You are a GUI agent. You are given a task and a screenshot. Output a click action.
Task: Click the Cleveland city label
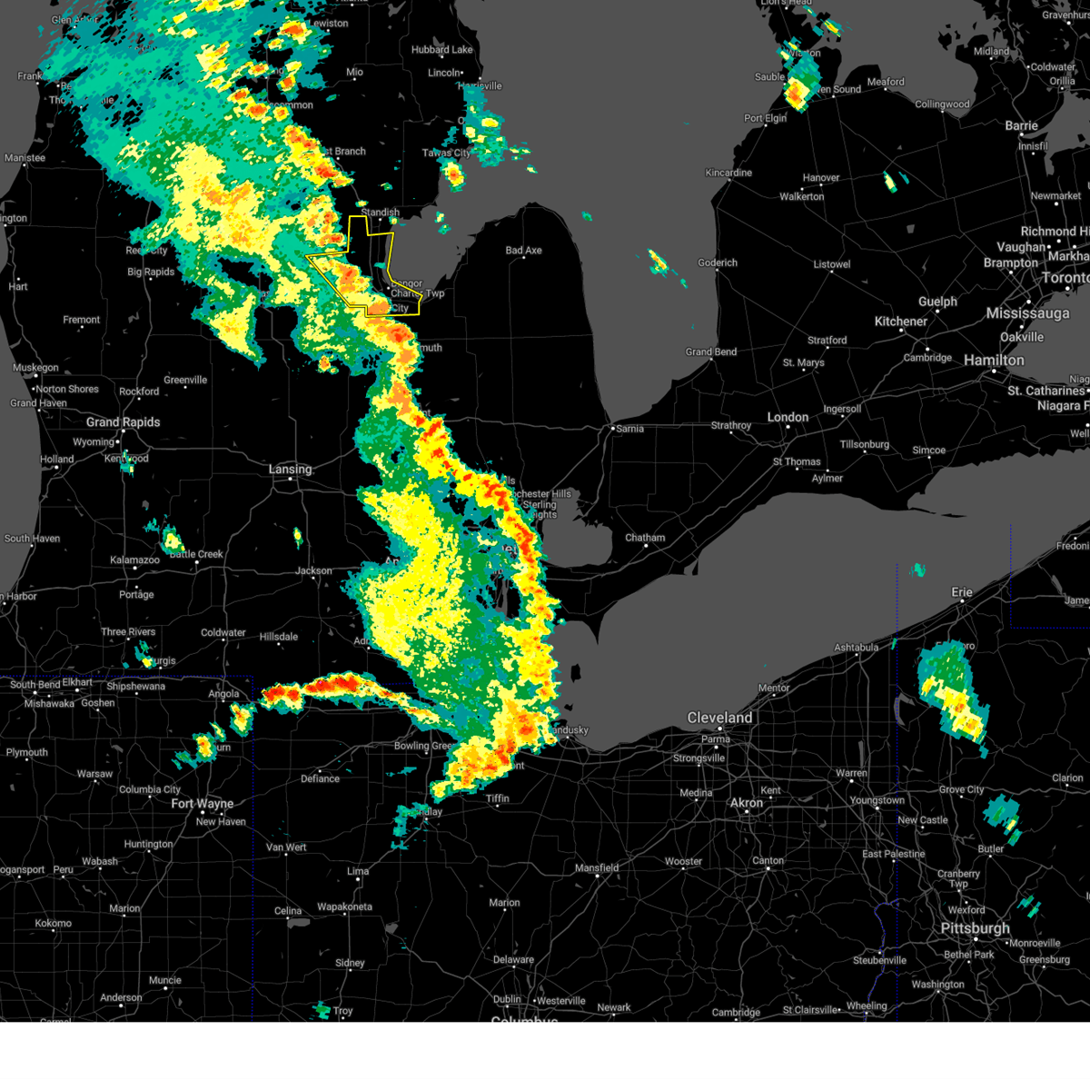pyautogui.click(x=719, y=718)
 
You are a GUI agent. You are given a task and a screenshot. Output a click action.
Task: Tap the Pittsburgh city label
pyautogui.click(x=975, y=928)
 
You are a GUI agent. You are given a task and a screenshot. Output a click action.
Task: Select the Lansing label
pyautogui.click(x=290, y=470)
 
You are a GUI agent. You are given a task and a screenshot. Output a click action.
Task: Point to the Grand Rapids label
pyautogui.click(x=123, y=422)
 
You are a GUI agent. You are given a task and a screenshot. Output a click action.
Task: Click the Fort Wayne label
pyautogui.click(x=202, y=804)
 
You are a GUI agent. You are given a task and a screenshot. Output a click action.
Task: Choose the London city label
pyautogui.click(x=788, y=417)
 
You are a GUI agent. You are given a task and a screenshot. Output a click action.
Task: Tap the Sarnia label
pyautogui.click(x=629, y=429)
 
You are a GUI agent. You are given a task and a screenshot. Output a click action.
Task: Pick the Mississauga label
pyautogui.click(x=1027, y=313)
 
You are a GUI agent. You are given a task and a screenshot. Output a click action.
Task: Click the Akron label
pyautogui.click(x=747, y=803)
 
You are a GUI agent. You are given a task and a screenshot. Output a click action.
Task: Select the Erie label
pyautogui.click(x=962, y=592)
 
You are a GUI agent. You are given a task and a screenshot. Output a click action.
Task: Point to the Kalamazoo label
pyautogui.click(x=134, y=560)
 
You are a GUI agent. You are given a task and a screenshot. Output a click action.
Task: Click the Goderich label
pyautogui.click(x=718, y=263)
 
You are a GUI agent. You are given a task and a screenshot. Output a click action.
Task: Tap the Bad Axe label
pyautogui.click(x=523, y=251)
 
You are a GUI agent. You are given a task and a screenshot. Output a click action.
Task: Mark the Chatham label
pyautogui.click(x=645, y=538)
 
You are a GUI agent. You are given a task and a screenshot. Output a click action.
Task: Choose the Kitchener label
pyautogui.click(x=900, y=322)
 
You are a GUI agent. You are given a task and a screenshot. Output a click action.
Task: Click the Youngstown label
pyautogui.click(x=876, y=800)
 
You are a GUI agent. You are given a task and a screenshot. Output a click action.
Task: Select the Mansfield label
pyautogui.click(x=597, y=868)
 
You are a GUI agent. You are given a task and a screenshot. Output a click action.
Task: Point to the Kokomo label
pyautogui.click(x=53, y=924)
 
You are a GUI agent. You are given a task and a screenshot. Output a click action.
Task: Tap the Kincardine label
pyautogui.click(x=728, y=173)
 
